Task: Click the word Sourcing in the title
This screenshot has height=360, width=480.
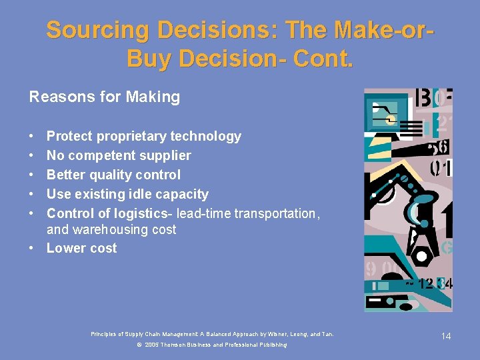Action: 95,30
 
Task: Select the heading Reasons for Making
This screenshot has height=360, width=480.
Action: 104,97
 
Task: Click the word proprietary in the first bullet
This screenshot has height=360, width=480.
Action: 131,137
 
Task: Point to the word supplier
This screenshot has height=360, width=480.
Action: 167,156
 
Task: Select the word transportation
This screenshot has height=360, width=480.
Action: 273,214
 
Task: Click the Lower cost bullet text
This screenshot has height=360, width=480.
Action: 81,249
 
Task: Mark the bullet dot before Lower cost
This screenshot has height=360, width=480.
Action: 32,249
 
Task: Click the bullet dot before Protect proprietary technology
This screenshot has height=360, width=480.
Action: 32,137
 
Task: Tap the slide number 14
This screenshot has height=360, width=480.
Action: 446,336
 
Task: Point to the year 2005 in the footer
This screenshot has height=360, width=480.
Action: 151,345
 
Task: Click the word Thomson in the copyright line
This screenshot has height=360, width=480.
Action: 174,345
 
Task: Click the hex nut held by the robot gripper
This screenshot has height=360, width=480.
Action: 421,256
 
